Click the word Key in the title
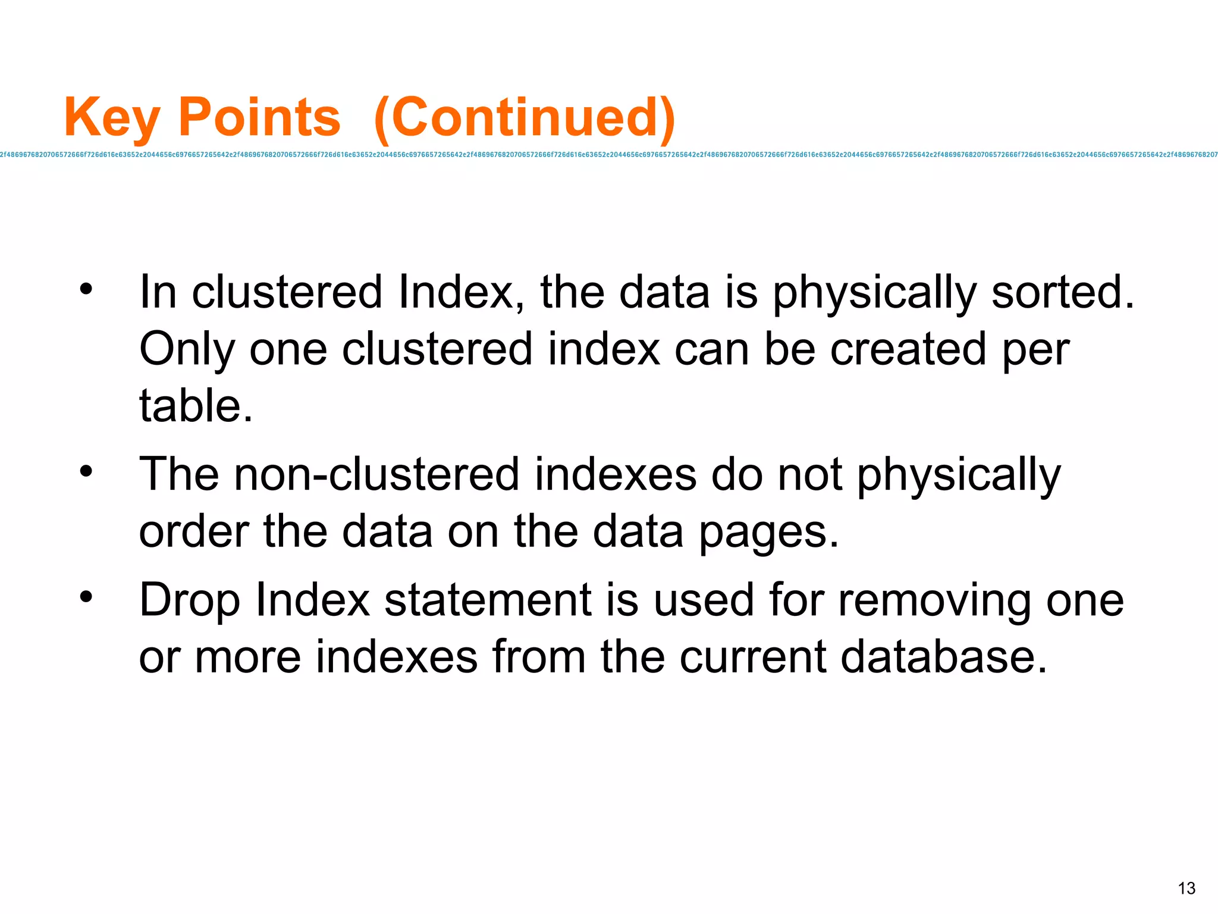point(112,118)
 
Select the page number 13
point(1186,888)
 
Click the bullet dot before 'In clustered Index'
point(87,290)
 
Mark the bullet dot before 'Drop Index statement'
point(87,597)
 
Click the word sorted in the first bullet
point(1062,292)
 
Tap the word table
point(195,406)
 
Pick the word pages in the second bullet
point(768,532)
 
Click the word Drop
point(189,600)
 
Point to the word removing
point(934,600)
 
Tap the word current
point(752,657)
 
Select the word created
point(908,349)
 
